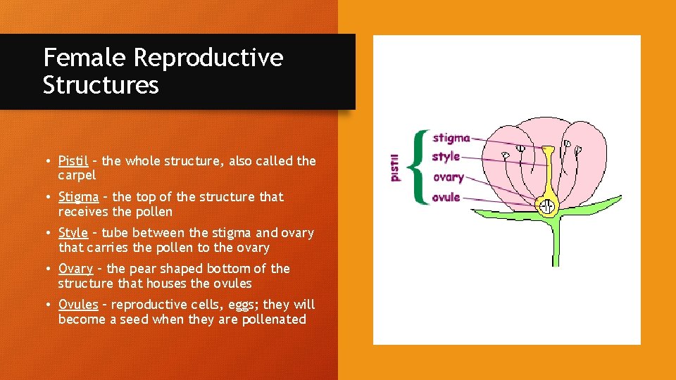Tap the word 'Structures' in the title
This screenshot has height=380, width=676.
coord(101,86)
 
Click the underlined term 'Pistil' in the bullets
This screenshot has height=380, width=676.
coord(73,161)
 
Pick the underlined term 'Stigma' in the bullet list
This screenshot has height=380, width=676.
coord(78,197)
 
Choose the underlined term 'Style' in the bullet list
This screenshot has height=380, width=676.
coord(73,233)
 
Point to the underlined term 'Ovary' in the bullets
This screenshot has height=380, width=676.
coord(75,269)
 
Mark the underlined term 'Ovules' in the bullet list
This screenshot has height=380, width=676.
coord(78,305)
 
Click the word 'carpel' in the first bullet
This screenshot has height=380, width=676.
coord(77,175)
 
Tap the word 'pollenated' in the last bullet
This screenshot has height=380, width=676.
coord(271,319)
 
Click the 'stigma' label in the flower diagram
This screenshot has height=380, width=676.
coord(451,138)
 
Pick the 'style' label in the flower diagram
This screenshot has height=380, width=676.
coord(446,156)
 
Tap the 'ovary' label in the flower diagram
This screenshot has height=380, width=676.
coord(448,177)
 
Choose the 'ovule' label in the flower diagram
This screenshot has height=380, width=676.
coord(446,197)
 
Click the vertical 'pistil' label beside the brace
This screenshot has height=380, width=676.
coord(395,167)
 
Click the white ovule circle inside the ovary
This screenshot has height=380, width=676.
coord(546,207)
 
